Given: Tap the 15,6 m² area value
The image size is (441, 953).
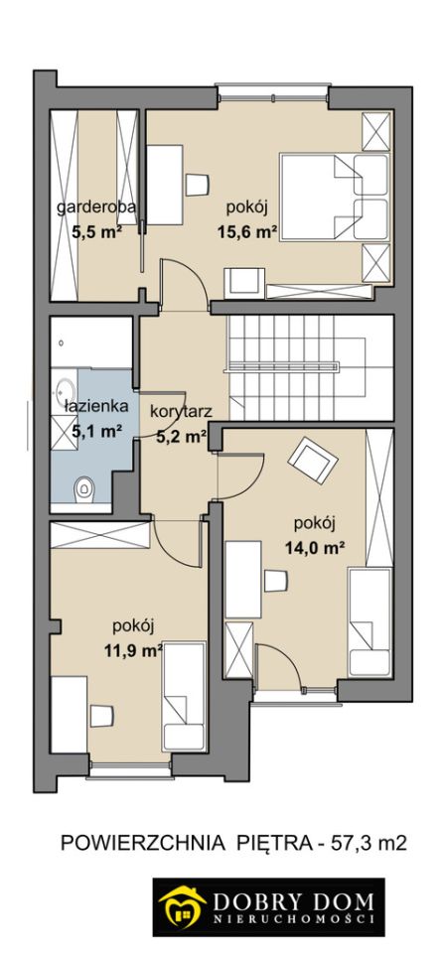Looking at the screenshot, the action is click(247, 231).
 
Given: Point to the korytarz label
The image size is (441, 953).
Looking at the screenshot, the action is click(181, 411).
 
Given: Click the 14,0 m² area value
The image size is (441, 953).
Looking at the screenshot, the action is click(315, 548).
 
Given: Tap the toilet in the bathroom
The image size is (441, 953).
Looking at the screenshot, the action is click(83, 488).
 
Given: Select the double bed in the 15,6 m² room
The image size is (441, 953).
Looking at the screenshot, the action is click(334, 197).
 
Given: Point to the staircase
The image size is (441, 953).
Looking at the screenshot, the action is click(310, 367).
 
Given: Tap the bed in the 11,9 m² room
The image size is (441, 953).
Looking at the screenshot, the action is click(185, 697).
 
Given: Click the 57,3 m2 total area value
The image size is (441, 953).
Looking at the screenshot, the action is click(367, 844).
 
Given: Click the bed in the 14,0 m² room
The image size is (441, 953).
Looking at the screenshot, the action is click(369, 621).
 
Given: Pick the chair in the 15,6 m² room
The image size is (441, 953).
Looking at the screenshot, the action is click(197, 185).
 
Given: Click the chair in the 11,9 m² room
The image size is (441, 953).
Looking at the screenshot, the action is click(102, 716).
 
